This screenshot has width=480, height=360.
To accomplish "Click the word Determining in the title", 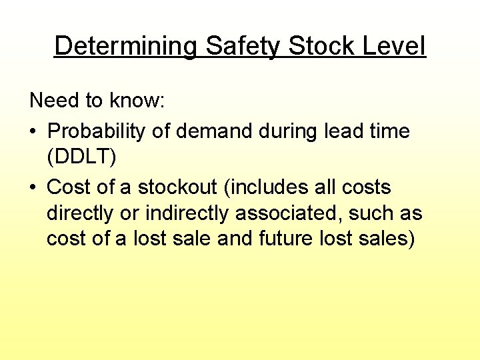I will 125,47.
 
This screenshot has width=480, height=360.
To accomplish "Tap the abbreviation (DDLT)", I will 81,158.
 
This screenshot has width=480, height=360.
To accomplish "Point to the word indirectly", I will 175,214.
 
